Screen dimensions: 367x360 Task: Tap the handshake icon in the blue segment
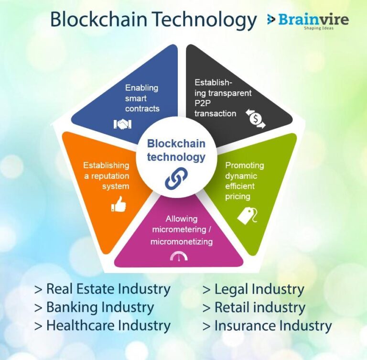tap(122, 124)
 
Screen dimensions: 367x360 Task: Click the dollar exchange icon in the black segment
tap(256, 119)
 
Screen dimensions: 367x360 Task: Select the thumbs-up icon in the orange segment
tap(119, 204)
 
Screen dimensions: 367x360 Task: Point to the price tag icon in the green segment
tap(247, 216)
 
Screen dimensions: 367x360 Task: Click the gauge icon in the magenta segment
tap(179, 256)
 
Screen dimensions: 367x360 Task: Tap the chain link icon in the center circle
tap(176, 178)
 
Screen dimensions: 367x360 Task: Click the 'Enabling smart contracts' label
tap(142, 98)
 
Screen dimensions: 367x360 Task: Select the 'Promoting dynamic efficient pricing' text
tap(245, 181)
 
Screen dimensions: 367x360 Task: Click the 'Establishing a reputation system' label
tap(106, 175)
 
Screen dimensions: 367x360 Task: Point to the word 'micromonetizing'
tap(182, 241)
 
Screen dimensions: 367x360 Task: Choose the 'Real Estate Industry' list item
tap(102, 289)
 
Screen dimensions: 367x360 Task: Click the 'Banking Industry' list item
tap(94, 307)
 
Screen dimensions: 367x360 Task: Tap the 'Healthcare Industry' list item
tap(102, 326)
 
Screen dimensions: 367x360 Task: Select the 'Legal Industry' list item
tap(253, 290)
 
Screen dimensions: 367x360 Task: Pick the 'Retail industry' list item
tap(254, 307)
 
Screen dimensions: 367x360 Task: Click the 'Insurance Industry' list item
tap(267, 326)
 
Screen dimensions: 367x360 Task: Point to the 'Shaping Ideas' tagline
tap(319, 28)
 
